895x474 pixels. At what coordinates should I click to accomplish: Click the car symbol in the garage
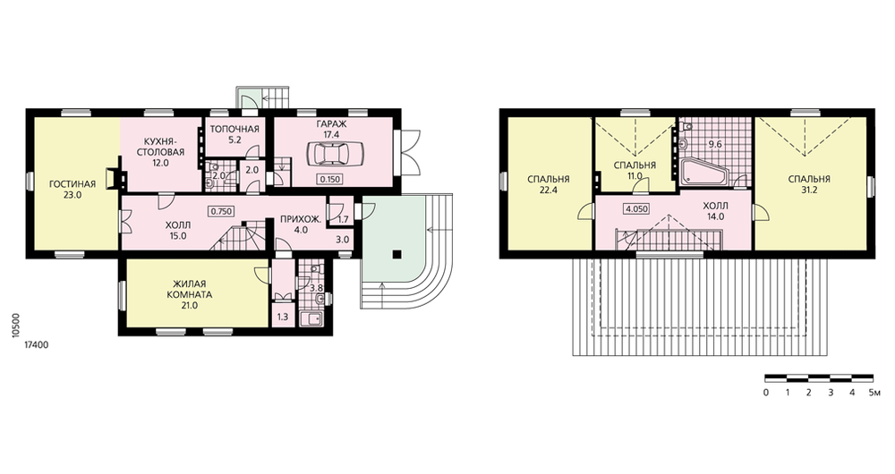330,154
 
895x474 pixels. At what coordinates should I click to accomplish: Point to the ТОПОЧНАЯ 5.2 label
234,133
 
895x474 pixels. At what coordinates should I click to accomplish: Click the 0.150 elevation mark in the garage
330,179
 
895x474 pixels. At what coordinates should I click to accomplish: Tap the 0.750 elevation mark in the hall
221,211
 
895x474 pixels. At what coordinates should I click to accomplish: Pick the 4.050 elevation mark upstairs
636,208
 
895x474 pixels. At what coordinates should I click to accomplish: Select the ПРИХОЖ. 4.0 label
301,224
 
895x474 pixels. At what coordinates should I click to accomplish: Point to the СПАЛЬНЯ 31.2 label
809,184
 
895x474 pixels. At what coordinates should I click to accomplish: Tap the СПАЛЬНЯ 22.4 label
548,184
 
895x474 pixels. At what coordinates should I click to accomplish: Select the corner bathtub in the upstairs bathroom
705,172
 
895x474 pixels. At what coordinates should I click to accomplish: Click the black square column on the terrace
396,254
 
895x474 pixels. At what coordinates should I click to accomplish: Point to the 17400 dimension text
37,345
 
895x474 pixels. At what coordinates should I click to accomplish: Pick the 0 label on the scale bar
765,393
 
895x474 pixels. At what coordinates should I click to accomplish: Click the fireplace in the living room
115,178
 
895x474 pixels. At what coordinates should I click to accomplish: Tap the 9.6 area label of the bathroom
714,144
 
